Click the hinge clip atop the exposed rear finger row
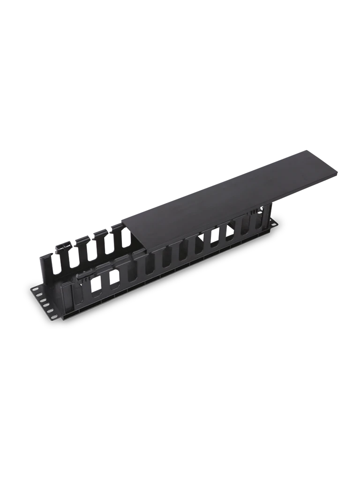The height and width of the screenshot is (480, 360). tap(64, 245)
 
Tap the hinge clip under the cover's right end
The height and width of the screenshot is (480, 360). tap(255, 212)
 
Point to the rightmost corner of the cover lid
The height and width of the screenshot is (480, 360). tap(338, 174)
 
